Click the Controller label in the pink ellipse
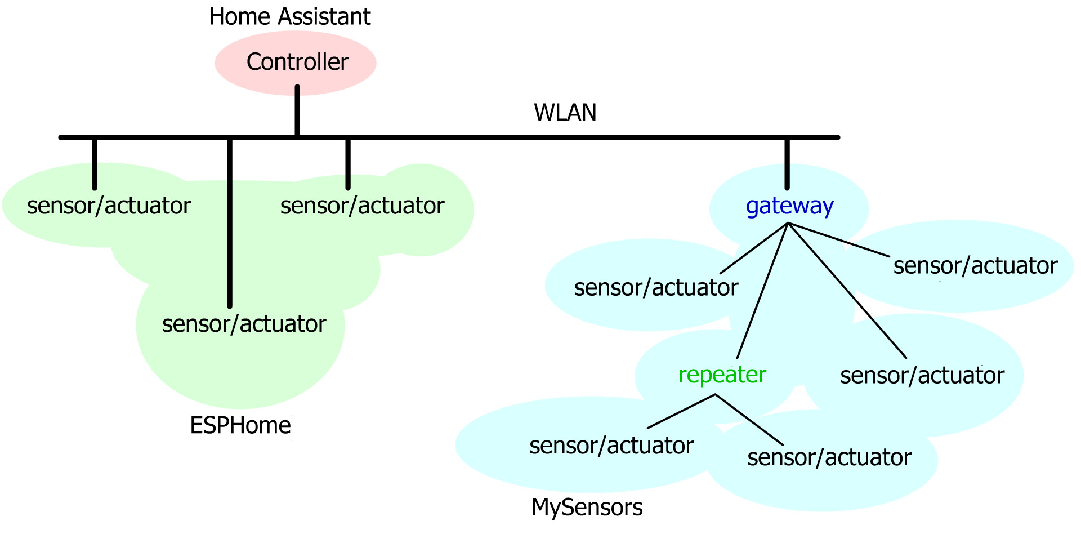point(297,62)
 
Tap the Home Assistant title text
point(289,17)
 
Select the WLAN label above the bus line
point(565,113)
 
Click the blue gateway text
point(789,206)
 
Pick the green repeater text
point(722,375)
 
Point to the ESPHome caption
point(240,425)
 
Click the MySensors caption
point(587,508)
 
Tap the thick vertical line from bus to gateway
point(787,163)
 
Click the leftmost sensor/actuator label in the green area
point(109,206)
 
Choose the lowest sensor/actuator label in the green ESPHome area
point(244,324)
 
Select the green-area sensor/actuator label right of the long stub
point(362,206)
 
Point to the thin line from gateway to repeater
point(762,291)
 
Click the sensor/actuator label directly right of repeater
point(922,376)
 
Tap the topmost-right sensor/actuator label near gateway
point(975,266)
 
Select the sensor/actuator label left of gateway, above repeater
point(656,288)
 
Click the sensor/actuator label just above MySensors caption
point(611,446)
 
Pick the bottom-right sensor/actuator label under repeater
point(829,458)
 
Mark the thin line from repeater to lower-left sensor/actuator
point(681,411)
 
